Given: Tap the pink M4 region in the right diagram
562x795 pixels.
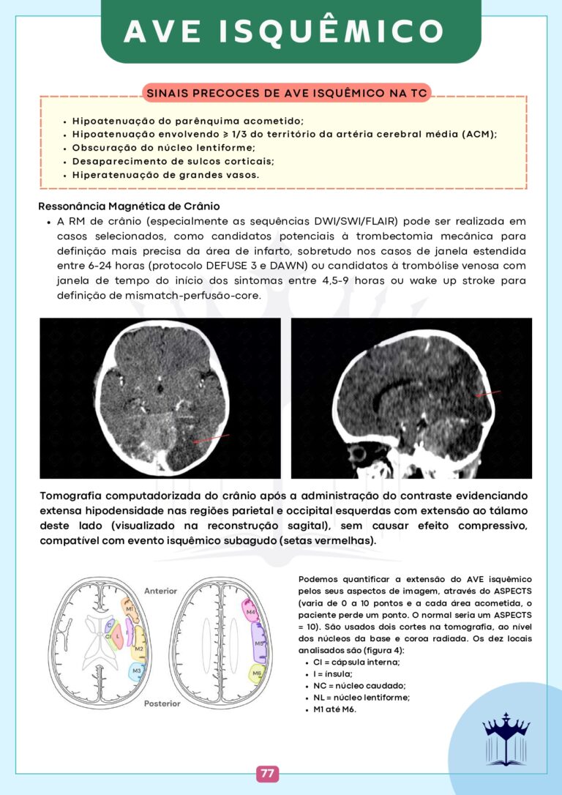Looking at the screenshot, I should coord(250,611).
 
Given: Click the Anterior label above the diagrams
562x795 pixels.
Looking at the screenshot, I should coord(160,590).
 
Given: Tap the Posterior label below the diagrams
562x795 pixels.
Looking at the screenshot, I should coord(162,703).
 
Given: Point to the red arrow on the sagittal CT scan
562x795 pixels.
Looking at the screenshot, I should coord(488,393).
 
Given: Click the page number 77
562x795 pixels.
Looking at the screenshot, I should coord(267,774).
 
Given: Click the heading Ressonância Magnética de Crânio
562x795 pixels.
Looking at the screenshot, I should coord(129,206).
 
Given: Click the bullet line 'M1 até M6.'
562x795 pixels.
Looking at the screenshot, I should coord(333,709).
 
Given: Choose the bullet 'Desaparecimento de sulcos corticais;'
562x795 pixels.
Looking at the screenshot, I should coord(173,161).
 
